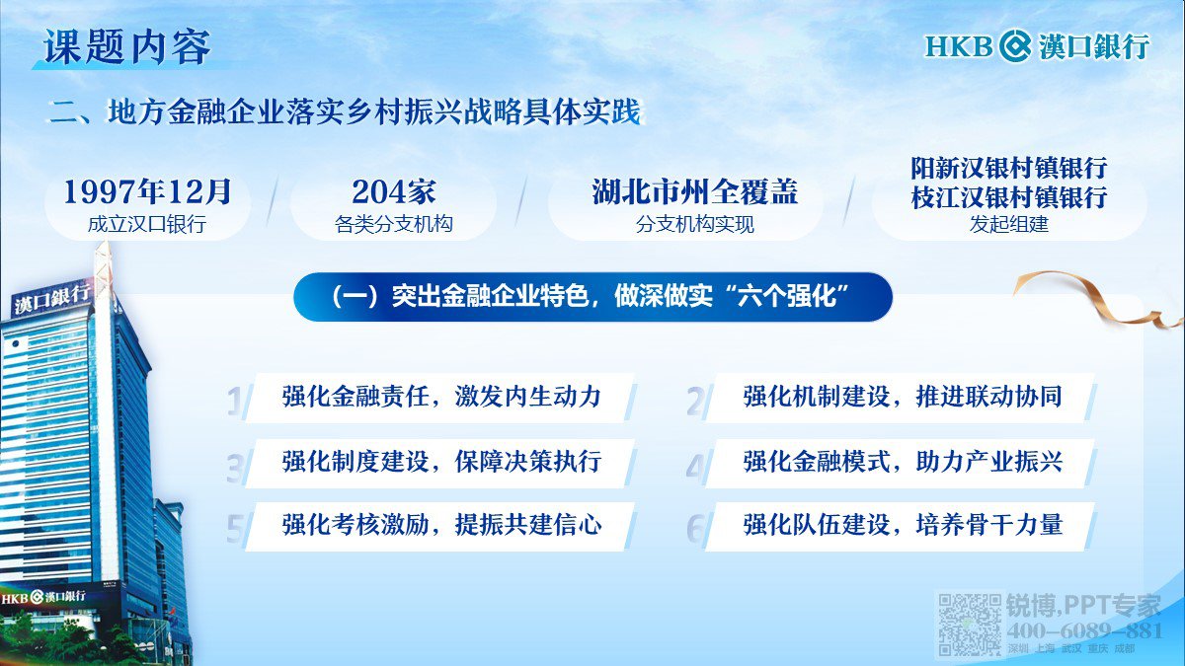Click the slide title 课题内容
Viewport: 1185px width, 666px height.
(x=127, y=47)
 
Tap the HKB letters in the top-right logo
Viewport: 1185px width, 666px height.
(x=959, y=46)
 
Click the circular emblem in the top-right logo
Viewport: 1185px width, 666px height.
(x=1015, y=46)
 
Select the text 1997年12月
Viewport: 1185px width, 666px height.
(x=147, y=191)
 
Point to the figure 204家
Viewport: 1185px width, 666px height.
(x=394, y=191)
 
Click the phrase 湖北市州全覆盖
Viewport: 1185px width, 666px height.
(x=694, y=191)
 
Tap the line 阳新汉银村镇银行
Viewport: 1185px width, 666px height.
(x=1009, y=168)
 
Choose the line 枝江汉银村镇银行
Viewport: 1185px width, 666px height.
(x=1009, y=197)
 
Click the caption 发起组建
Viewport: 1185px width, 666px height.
(x=1008, y=224)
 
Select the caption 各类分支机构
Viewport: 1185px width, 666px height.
(x=394, y=224)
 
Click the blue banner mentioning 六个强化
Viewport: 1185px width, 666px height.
(x=592, y=297)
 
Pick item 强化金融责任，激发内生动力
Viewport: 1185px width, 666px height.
(x=441, y=397)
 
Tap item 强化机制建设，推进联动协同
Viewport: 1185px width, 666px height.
(x=902, y=397)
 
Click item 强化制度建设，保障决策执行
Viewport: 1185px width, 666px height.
(x=441, y=462)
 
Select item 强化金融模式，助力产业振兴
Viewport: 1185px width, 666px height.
(x=902, y=462)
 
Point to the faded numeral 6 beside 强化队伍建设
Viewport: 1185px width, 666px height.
(x=695, y=528)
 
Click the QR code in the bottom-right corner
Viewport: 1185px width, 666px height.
(x=969, y=625)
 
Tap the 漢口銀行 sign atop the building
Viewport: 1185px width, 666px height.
(x=51, y=299)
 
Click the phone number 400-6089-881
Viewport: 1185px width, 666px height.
(x=1084, y=630)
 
